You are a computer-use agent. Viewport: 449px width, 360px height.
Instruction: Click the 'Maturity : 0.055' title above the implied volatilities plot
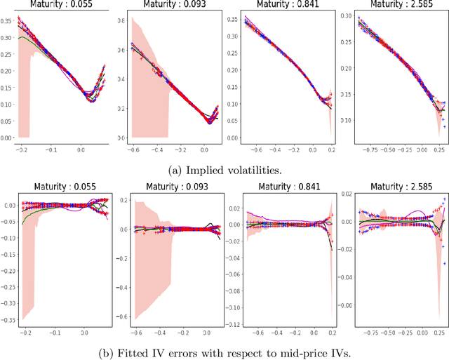pyautogui.click(x=58, y=6)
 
